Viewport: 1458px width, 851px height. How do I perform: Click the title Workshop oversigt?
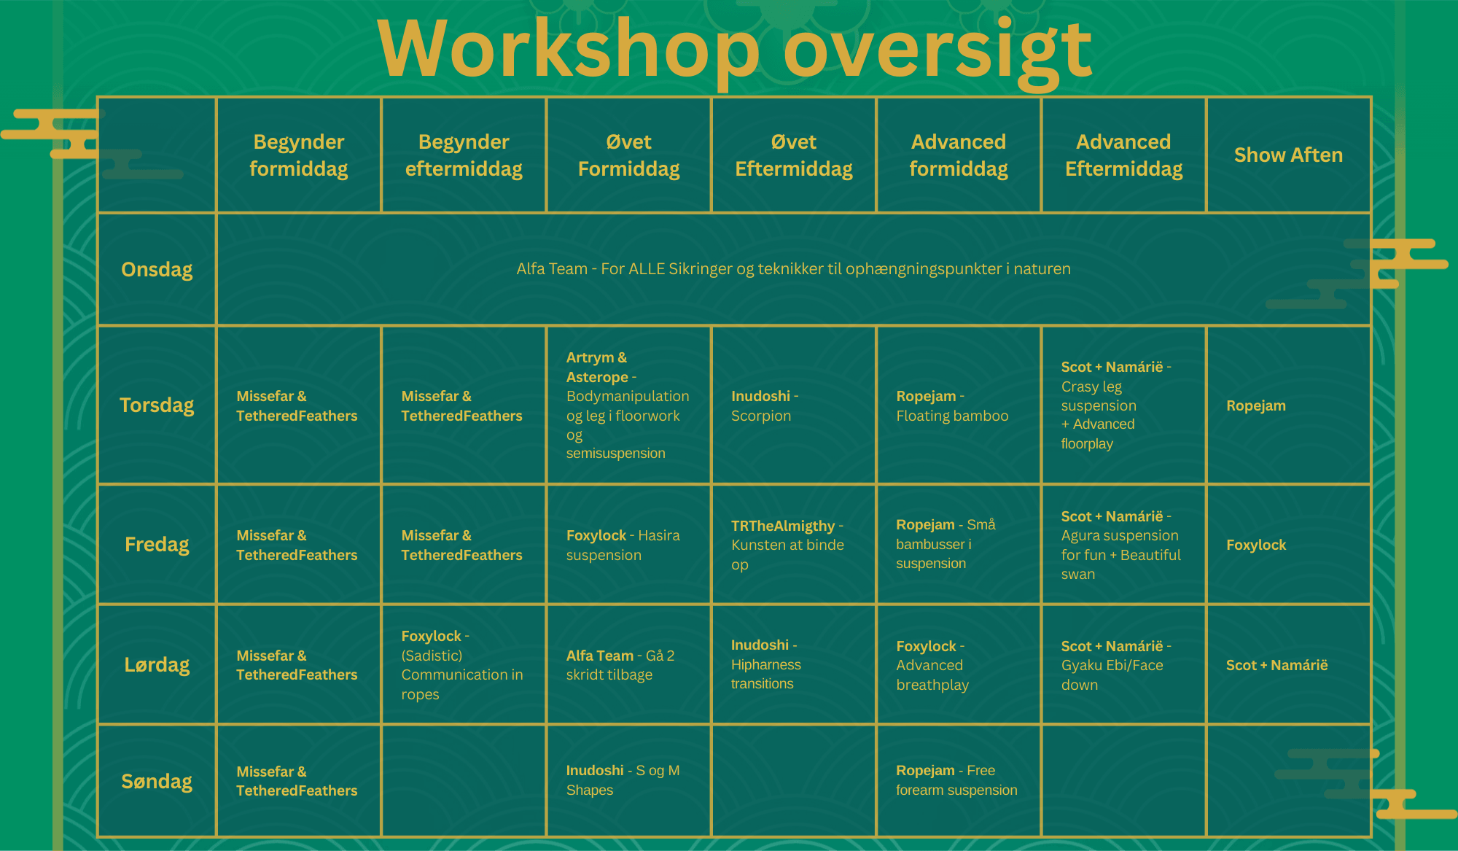pyautogui.click(x=734, y=50)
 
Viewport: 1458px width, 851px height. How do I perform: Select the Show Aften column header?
pyautogui.click(x=1288, y=155)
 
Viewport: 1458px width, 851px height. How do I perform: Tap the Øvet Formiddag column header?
pyautogui.click(x=628, y=155)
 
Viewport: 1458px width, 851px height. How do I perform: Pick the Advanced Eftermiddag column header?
pyautogui.click(x=1123, y=155)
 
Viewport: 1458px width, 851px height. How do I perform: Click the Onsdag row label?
pyautogui.click(x=157, y=269)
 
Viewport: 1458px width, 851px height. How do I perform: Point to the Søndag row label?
pyautogui.click(x=157, y=781)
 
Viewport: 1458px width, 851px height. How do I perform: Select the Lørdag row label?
pyautogui.click(x=157, y=664)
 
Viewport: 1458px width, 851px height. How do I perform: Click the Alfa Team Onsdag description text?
pyautogui.click(x=793, y=268)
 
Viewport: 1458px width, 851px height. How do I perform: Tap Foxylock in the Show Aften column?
pyautogui.click(x=1255, y=545)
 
